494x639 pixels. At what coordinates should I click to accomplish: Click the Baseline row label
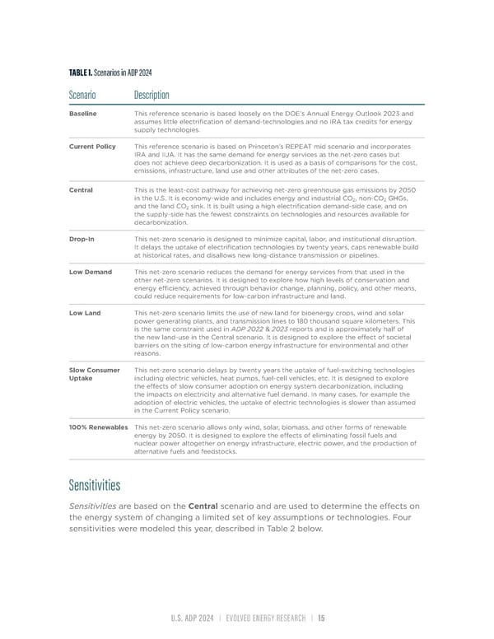pyautogui.click(x=83, y=113)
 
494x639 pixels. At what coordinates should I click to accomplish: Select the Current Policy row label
pyautogui.click(x=93, y=146)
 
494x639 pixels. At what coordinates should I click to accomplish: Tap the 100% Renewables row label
pyautogui.click(x=99, y=428)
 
